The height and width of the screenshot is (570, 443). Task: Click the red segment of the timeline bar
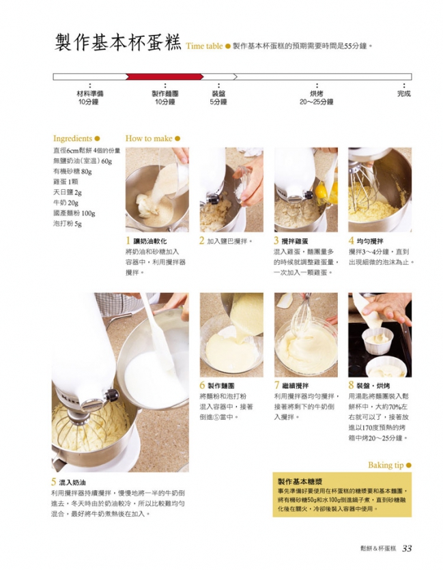pyautogui.click(x=165, y=76)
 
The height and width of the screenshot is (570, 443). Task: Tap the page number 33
pyautogui.click(x=407, y=549)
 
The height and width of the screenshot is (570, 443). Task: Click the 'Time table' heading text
pyautogui.click(x=204, y=46)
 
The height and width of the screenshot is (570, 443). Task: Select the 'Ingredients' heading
pyautogui.click(x=72, y=139)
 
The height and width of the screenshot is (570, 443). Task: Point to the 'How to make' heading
pyautogui.click(x=149, y=139)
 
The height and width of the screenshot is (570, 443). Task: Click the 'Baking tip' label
pyautogui.click(x=386, y=465)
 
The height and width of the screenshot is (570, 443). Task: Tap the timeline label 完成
pyautogui.click(x=404, y=94)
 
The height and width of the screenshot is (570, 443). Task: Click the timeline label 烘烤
pyautogui.click(x=316, y=94)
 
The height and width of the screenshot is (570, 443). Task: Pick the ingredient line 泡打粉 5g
pyautogui.click(x=68, y=224)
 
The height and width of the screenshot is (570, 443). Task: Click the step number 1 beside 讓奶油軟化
pyautogui.click(x=128, y=241)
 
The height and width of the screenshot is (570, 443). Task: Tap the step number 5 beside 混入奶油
pyautogui.click(x=54, y=482)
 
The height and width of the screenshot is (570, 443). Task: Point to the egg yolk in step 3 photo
pyautogui.click(x=321, y=190)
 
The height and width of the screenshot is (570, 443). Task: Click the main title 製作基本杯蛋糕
pyautogui.click(x=117, y=42)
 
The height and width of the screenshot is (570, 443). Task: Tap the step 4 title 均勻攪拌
pyautogui.click(x=370, y=241)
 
